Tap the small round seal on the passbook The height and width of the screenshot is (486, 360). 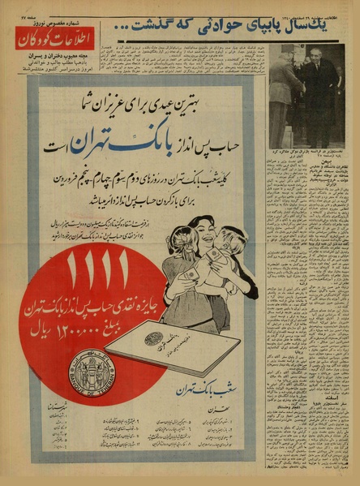pyautogui.click(x=153, y=338)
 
